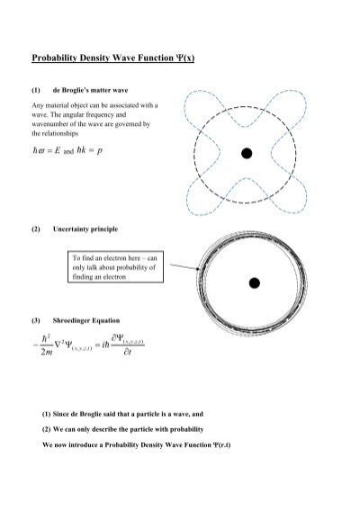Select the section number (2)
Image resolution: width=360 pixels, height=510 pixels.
pyautogui.click(x=36, y=229)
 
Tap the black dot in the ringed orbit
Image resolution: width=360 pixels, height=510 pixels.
pyautogui.click(x=255, y=283)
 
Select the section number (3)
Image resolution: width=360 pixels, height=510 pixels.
pyautogui.click(x=36, y=321)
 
